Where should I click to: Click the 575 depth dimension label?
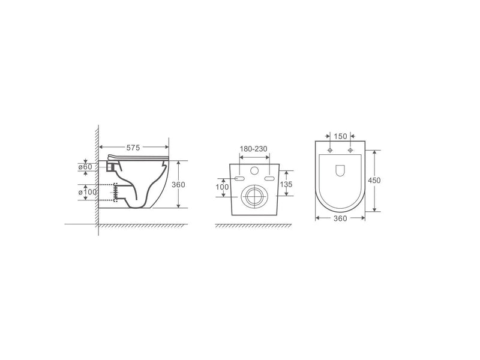pyautogui.click(x=133, y=148)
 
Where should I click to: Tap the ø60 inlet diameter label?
pyautogui.click(x=85, y=167)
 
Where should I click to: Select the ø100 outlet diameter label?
pyautogui.click(x=88, y=192)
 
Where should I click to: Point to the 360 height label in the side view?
pyautogui.click(x=178, y=185)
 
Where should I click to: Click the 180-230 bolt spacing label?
pyautogui.click(x=253, y=149)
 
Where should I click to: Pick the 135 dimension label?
pyautogui.click(x=286, y=184)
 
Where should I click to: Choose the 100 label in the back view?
pyautogui.click(x=222, y=187)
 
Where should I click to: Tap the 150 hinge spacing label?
pyautogui.click(x=340, y=136)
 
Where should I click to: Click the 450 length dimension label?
pyautogui.click(x=374, y=181)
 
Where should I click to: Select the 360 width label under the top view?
pyautogui.click(x=340, y=218)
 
